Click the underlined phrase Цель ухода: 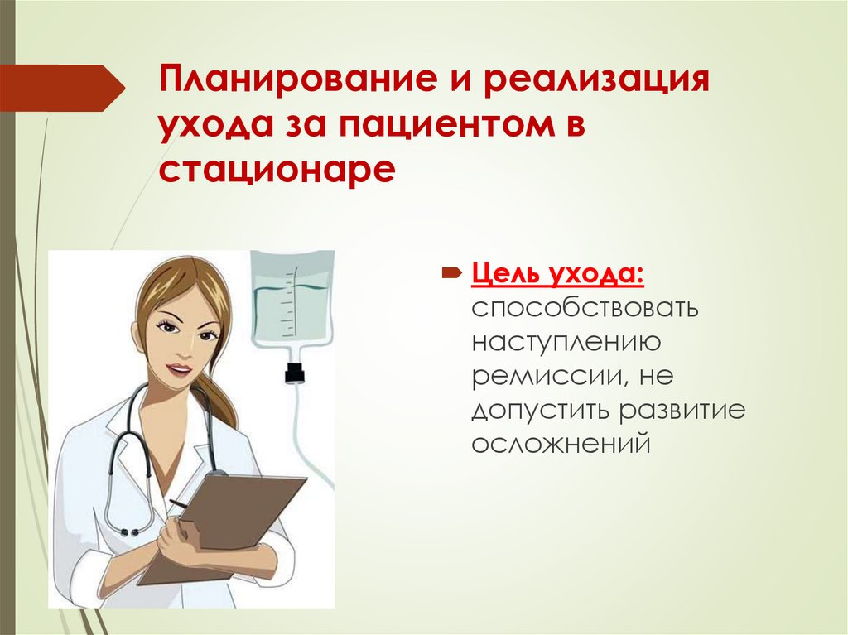click(x=561, y=274)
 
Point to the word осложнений click(x=559, y=444)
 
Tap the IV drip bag click(x=291, y=306)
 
